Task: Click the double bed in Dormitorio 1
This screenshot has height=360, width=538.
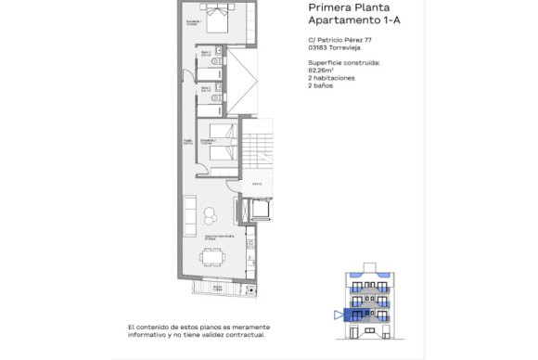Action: pyautogui.click(x=220, y=19)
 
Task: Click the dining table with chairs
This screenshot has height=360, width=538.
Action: pyautogui.click(x=213, y=259)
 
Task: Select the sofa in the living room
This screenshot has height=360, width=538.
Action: pyautogui.click(x=191, y=216)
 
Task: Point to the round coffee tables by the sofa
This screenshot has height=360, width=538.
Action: pyautogui.click(x=211, y=215)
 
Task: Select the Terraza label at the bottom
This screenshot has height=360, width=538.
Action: pyautogui.click(x=216, y=288)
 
